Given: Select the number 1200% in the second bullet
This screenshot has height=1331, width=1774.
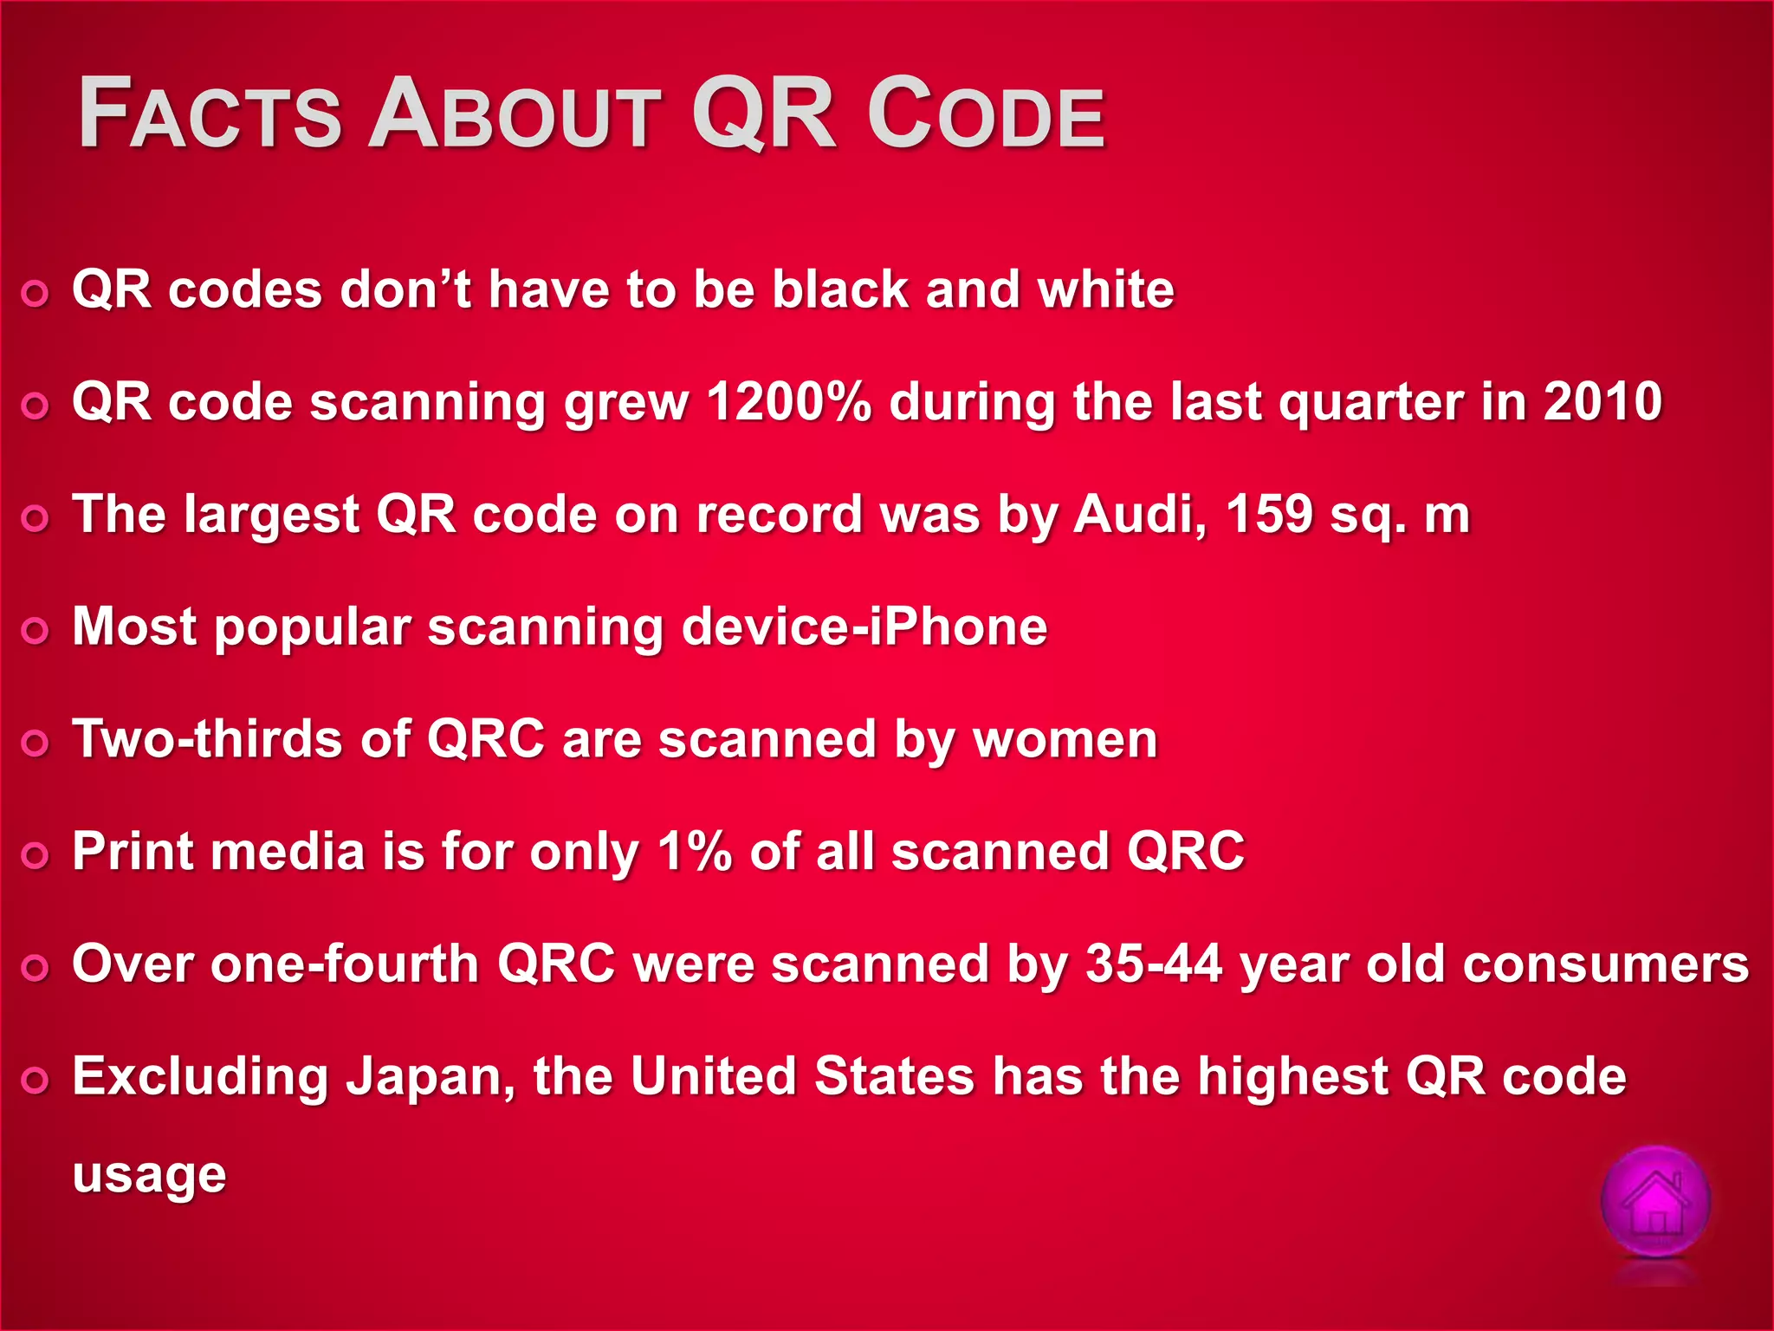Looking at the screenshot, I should pos(788,402).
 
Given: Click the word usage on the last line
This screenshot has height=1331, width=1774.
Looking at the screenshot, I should pos(149,1177).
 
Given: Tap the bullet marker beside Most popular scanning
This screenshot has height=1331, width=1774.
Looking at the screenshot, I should pos(36,630).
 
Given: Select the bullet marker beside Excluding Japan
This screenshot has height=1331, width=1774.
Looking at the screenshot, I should pos(36,1081).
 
